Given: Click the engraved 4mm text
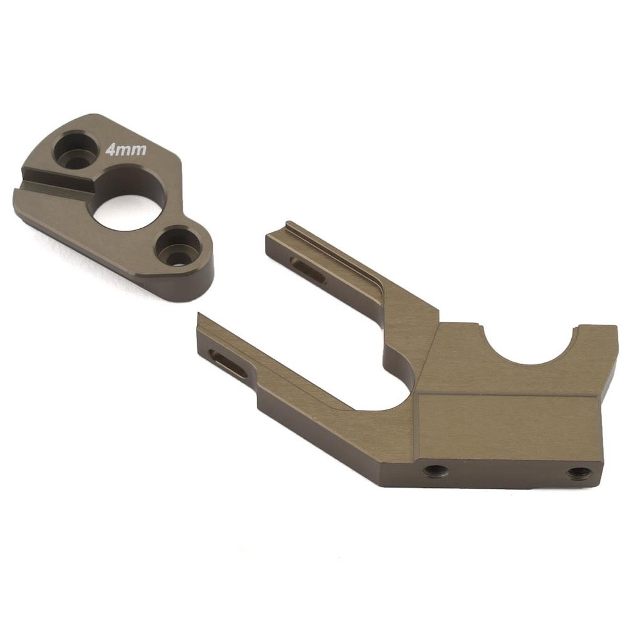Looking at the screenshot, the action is coord(125,150).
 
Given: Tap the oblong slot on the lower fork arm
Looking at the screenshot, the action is coord(229,362).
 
